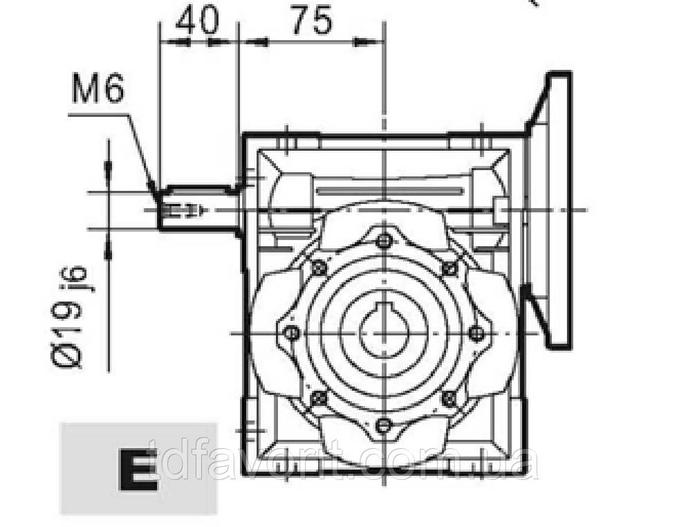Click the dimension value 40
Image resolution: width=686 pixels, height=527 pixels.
[196, 21]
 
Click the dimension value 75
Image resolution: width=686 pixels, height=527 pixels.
[310, 21]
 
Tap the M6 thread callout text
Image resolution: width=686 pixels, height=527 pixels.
[98, 90]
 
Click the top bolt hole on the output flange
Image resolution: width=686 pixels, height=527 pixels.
[384, 241]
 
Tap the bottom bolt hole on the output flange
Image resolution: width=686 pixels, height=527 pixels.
[384, 423]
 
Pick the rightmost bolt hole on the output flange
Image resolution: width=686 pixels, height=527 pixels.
[476, 333]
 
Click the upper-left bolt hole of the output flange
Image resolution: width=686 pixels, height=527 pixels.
[319, 268]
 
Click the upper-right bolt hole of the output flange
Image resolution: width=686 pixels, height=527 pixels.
[449, 268]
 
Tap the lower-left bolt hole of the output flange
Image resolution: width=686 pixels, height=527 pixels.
[319, 398]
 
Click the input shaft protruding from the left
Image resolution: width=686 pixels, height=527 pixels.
[197, 207]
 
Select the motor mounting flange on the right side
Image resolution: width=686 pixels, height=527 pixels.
[557, 207]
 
